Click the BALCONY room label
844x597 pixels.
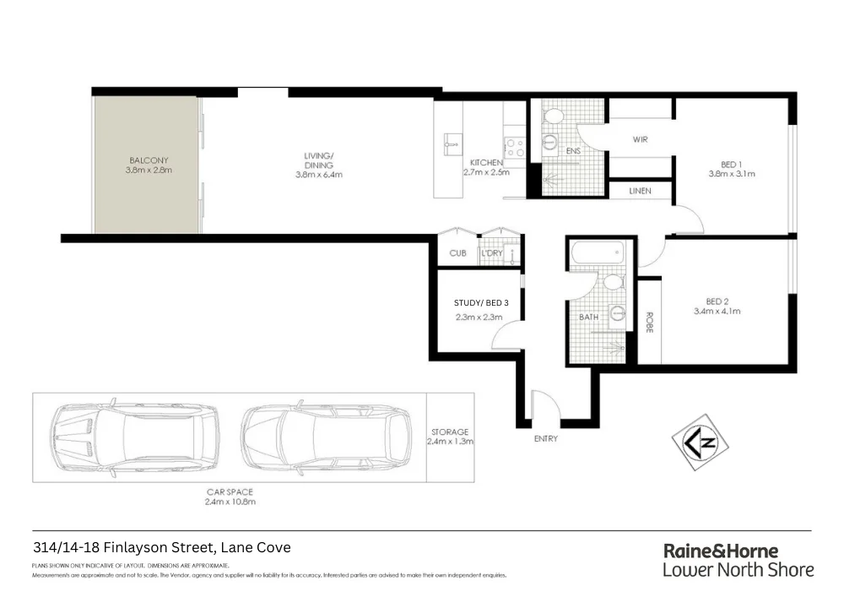point(149,160)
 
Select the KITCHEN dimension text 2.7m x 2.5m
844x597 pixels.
point(487,173)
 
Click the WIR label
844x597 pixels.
point(640,139)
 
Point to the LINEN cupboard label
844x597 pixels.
point(640,192)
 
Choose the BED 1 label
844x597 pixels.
point(731,163)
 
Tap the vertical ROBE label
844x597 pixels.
point(649,323)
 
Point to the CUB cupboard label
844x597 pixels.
point(457,253)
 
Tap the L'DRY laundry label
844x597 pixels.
point(491,253)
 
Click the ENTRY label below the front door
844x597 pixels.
point(545,439)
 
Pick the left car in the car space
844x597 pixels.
point(134,436)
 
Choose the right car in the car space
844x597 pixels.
point(326,436)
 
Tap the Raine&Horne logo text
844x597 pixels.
point(721,551)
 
